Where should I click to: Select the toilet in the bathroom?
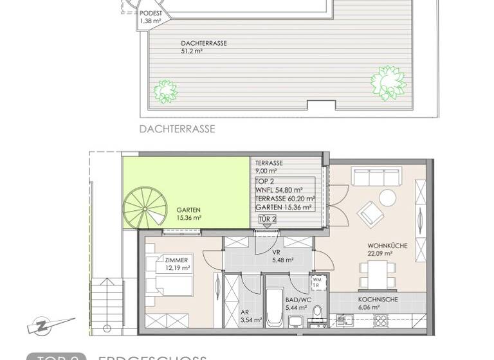point(316,313)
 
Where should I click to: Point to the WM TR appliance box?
point(316,283)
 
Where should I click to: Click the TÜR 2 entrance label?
point(267,219)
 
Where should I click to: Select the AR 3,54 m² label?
point(251,315)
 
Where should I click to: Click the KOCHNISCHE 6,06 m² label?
point(378,303)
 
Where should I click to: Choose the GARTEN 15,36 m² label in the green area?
point(189,213)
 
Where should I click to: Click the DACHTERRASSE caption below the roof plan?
point(177,129)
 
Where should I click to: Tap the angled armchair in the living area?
point(370,212)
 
